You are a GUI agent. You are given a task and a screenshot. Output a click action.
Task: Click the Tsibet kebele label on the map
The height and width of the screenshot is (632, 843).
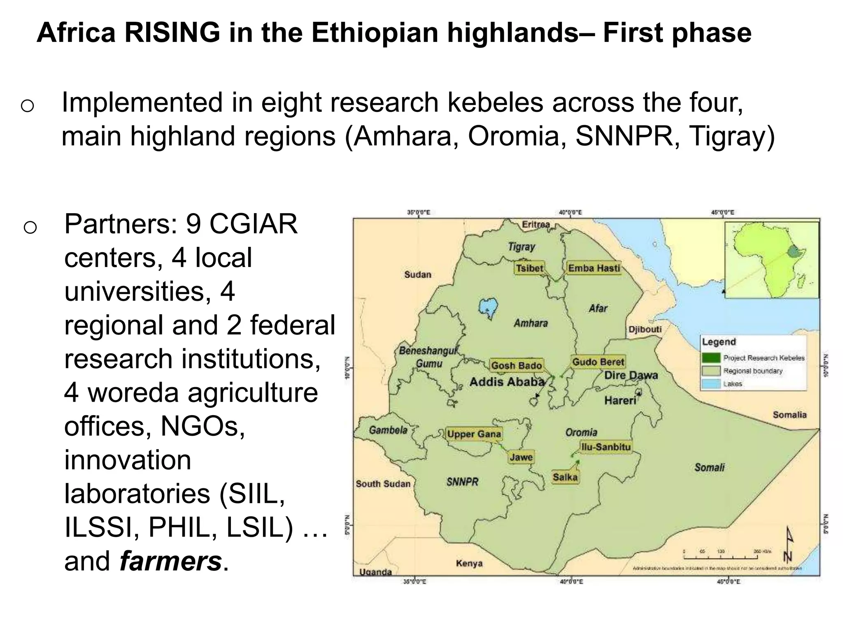(x=530, y=268)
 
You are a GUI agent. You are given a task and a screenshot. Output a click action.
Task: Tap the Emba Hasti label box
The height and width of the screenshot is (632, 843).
(x=594, y=268)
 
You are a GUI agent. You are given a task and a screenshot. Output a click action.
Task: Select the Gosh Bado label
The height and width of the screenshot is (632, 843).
(x=516, y=365)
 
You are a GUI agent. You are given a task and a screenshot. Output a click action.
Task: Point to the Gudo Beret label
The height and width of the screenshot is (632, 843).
(x=598, y=362)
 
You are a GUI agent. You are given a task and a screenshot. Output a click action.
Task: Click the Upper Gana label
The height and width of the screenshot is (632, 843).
(x=474, y=434)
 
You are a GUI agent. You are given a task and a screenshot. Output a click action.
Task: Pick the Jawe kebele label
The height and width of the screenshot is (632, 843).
(x=521, y=457)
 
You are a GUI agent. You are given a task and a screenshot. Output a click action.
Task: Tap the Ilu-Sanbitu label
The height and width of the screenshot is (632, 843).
(x=605, y=447)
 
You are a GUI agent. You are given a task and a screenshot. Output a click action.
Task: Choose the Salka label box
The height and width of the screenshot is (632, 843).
(x=565, y=477)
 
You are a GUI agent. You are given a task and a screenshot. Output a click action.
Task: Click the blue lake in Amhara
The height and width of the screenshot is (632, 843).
(x=488, y=307)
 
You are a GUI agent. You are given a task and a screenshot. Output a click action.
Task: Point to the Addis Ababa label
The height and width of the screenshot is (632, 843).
(x=507, y=382)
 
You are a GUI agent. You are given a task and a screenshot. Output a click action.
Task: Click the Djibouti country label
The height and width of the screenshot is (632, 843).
(x=645, y=330)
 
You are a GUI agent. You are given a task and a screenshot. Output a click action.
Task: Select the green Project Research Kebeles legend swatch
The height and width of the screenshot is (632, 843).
(x=711, y=358)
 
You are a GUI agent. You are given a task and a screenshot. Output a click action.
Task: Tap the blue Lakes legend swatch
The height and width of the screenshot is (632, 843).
(x=711, y=384)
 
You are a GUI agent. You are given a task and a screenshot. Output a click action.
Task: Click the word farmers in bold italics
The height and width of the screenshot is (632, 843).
(x=170, y=561)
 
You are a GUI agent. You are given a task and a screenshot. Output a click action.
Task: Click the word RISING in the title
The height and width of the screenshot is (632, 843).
(x=172, y=33)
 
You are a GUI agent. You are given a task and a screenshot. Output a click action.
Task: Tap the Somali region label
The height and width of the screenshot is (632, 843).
(x=709, y=467)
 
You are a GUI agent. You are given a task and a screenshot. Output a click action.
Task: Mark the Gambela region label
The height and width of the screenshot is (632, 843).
(x=388, y=430)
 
